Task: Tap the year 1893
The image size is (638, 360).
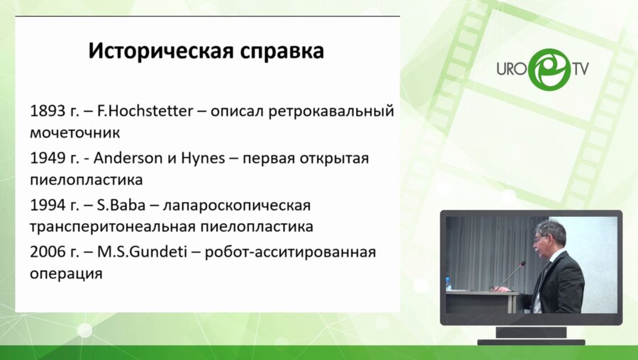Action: pos(47,111)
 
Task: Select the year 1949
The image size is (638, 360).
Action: pos(47,158)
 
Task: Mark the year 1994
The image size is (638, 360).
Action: pos(47,206)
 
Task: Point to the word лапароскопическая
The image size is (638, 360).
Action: pos(237,206)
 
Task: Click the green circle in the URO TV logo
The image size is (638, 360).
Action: pos(544,69)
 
